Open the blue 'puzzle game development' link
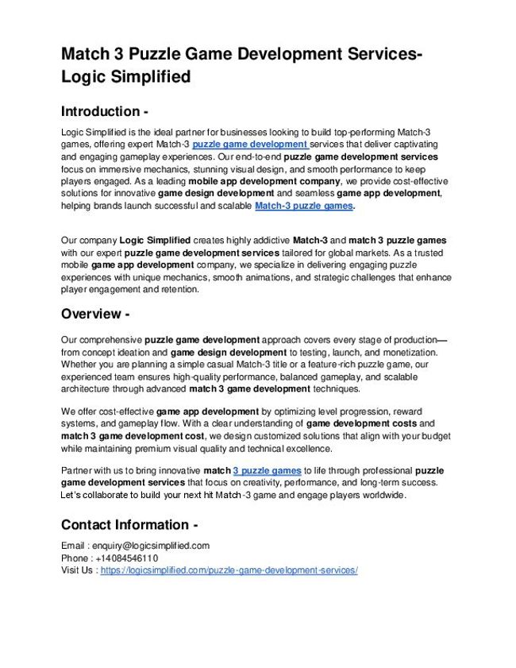(x=249, y=145)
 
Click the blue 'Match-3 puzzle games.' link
(x=305, y=206)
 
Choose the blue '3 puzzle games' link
(x=267, y=470)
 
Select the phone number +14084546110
(x=131, y=558)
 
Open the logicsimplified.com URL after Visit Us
(x=229, y=570)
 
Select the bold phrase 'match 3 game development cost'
(x=133, y=436)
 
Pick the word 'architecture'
(x=87, y=388)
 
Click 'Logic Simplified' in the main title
(x=126, y=77)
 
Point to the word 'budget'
(x=435, y=436)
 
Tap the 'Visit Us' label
(x=78, y=570)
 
